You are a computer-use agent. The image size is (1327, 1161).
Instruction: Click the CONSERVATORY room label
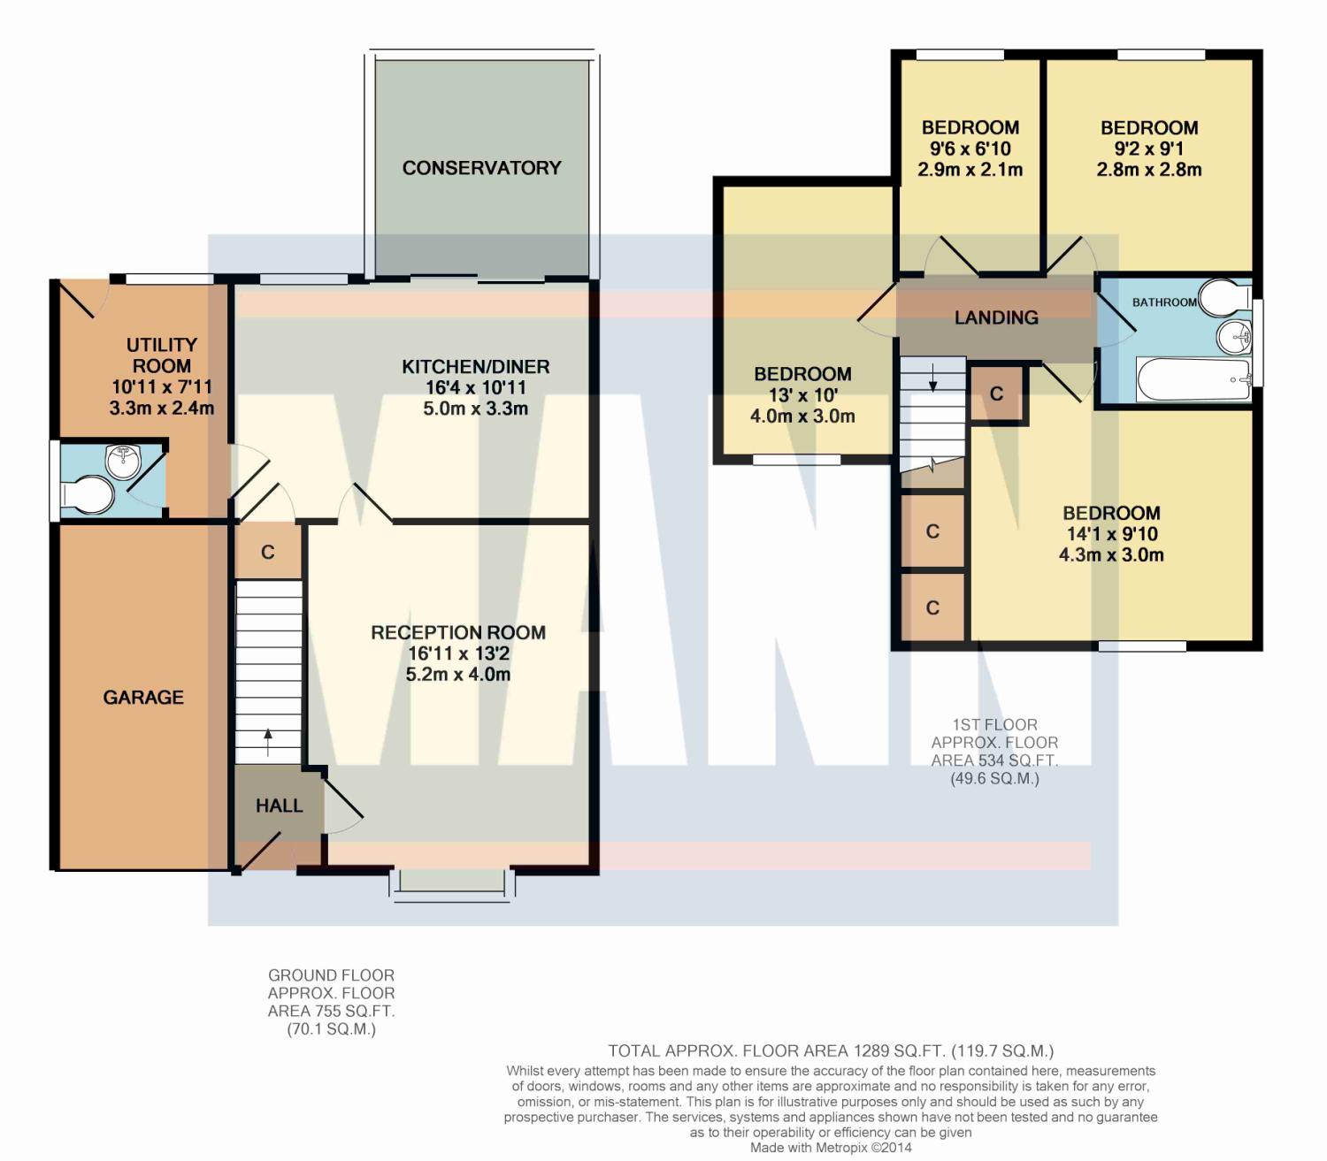pyautogui.click(x=481, y=168)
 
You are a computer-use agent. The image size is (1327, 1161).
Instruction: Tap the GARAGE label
pyautogui.click(x=143, y=698)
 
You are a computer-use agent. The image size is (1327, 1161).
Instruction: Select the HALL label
pyautogui.click(x=279, y=806)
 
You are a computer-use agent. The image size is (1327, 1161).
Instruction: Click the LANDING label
pyautogui.click(x=996, y=317)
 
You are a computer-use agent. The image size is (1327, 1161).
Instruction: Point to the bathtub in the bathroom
pyautogui.click(x=1193, y=380)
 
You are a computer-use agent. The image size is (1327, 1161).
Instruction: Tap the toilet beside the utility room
pyautogui.click(x=87, y=495)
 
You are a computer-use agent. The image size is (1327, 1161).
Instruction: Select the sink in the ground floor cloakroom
pyautogui.click(x=123, y=462)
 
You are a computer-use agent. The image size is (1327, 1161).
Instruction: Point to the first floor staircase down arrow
pyautogui.click(x=932, y=378)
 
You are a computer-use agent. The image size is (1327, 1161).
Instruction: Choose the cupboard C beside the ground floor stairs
pyautogui.click(x=268, y=552)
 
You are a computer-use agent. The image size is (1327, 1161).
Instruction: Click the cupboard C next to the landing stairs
pyautogui.click(x=996, y=393)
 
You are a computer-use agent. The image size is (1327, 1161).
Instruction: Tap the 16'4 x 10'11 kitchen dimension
pyautogui.click(x=475, y=387)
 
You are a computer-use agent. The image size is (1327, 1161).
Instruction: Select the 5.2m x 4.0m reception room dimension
pyautogui.click(x=458, y=674)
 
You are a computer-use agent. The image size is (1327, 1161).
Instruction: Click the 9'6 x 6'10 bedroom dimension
pyautogui.click(x=970, y=149)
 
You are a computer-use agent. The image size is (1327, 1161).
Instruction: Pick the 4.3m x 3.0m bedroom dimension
pyautogui.click(x=1111, y=555)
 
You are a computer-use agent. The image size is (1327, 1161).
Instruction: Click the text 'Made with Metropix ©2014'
pyautogui.click(x=831, y=1148)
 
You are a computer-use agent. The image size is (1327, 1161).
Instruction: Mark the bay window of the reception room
pyautogui.click(x=452, y=885)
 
